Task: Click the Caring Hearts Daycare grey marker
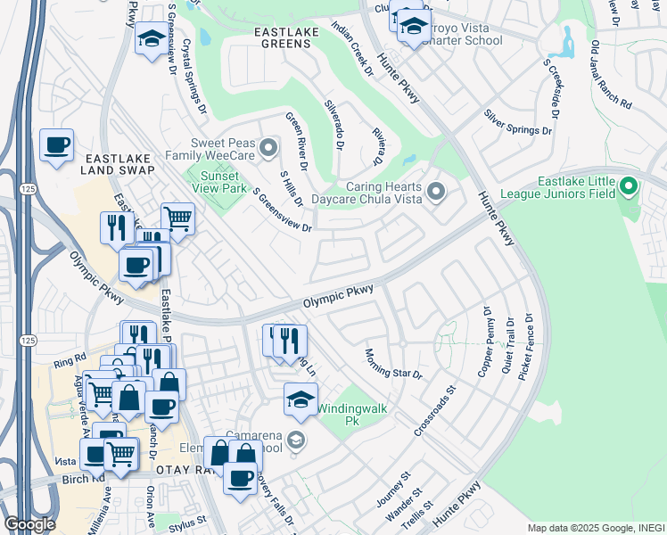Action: click(x=435, y=192)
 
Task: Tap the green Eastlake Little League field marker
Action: click(x=629, y=187)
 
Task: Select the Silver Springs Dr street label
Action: click(x=517, y=123)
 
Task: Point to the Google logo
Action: click(x=29, y=523)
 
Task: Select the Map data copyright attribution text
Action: click(x=594, y=527)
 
